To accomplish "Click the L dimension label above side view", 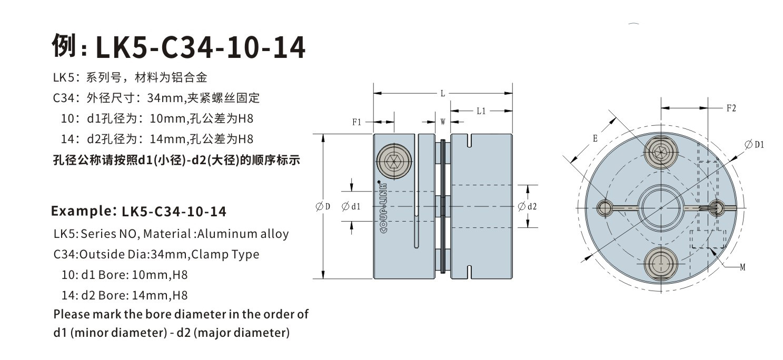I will [x=443, y=94].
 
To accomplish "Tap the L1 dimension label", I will [x=481, y=111].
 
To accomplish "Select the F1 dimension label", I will [x=356, y=122].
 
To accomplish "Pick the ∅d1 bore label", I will [x=351, y=206].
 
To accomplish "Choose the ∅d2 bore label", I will [x=527, y=206].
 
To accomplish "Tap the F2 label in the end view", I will [x=731, y=108].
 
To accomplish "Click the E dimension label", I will [x=594, y=139].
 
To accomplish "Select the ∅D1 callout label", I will [x=754, y=144].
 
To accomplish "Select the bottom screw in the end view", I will [x=661, y=261].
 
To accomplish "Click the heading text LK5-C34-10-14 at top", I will [x=200, y=48].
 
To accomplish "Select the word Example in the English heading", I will [x=81, y=212].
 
